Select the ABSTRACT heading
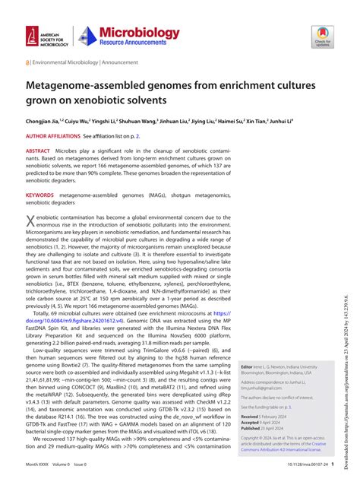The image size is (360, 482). click(x=39, y=151)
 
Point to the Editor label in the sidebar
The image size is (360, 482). click(x=247, y=366)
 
